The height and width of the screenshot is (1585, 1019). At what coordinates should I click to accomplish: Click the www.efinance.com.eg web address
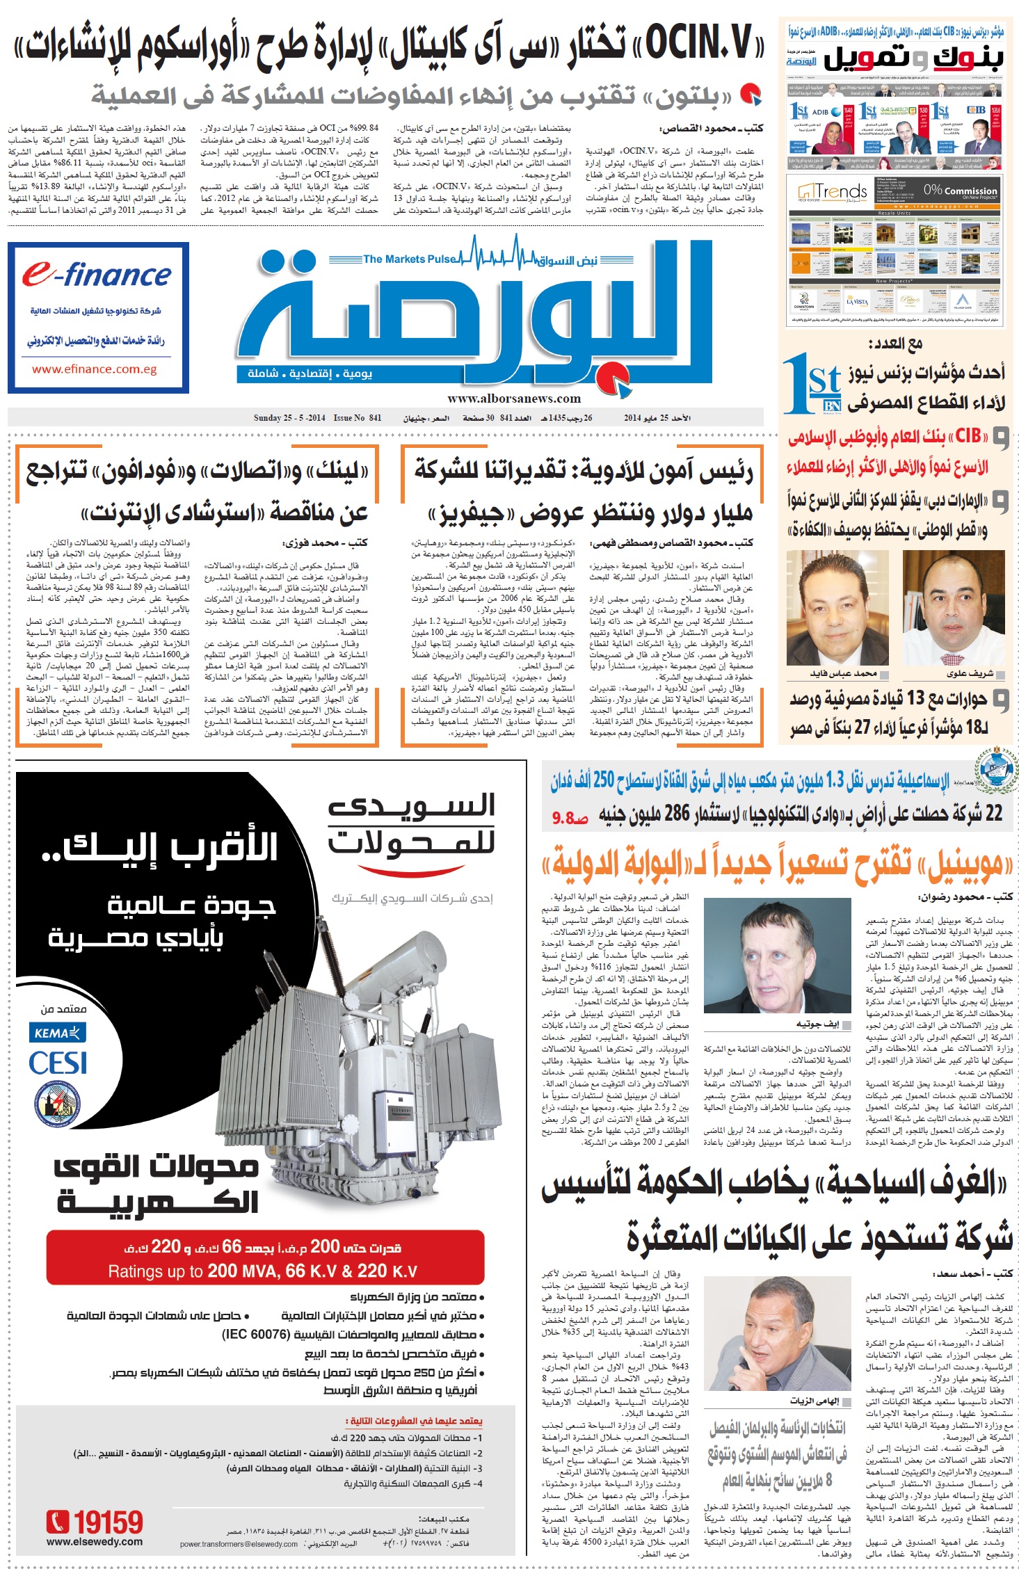(94, 369)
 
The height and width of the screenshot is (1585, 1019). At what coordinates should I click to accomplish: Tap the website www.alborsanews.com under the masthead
(513, 399)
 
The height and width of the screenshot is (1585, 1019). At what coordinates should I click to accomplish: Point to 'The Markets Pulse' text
(409, 259)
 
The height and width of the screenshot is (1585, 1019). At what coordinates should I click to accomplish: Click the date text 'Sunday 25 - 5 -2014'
(289, 418)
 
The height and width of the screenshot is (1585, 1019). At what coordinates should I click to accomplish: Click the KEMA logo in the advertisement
(57, 1033)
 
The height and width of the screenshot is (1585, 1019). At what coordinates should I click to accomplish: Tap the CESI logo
(57, 1063)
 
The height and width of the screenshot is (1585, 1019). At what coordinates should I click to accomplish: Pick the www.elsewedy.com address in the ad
(94, 1542)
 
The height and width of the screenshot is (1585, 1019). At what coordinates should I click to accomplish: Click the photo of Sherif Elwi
(953, 608)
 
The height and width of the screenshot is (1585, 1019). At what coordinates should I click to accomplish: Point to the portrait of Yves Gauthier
(777, 955)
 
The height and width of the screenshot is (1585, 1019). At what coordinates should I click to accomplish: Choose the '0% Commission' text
(960, 190)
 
